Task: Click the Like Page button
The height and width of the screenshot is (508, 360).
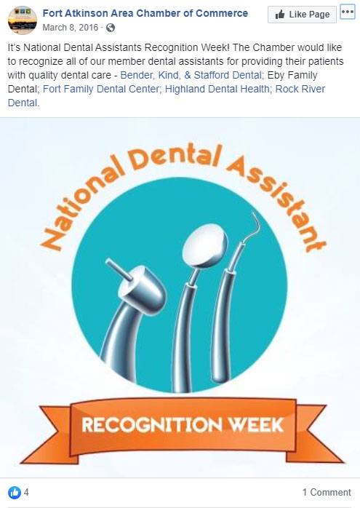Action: click(x=302, y=15)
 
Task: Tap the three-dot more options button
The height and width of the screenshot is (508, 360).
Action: click(x=348, y=12)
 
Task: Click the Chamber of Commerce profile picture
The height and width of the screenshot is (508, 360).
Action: click(x=23, y=20)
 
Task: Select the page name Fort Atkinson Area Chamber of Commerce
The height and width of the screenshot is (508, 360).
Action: click(x=145, y=13)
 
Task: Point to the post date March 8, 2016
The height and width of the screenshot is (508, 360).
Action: click(x=71, y=28)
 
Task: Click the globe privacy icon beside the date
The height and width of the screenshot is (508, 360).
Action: click(x=111, y=28)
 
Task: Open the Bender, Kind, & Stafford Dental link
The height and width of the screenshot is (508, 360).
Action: click(x=191, y=75)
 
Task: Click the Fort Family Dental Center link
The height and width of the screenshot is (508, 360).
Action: click(x=101, y=89)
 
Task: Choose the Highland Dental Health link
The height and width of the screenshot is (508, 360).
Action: click(x=217, y=89)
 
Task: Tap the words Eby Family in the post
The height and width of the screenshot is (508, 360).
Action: click(x=292, y=75)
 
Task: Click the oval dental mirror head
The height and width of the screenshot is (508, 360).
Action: click(x=204, y=245)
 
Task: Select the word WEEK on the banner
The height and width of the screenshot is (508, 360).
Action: click(x=257, y=425)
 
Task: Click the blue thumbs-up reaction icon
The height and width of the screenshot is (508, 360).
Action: click(x=15, y=493)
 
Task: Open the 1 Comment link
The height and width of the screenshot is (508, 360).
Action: click(x=327, y=493)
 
